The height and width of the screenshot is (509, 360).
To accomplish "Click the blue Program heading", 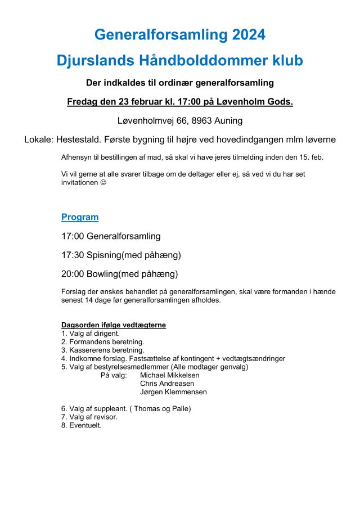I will (80, 217).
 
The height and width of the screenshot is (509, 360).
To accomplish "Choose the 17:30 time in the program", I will (73, 255).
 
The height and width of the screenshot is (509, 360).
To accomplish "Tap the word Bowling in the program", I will (104, 274).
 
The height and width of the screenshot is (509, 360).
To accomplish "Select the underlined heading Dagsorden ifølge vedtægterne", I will (114, 325).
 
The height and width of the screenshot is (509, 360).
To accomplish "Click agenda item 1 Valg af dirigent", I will (91, 334).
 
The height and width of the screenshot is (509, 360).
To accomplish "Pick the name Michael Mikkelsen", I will (169, 375).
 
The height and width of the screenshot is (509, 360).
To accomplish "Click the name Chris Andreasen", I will (168, 384).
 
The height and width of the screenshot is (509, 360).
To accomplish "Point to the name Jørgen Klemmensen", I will (173, 392).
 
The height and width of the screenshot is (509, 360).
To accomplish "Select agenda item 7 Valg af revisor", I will (89, 417).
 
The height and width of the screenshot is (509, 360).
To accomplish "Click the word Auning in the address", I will (229, 120).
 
